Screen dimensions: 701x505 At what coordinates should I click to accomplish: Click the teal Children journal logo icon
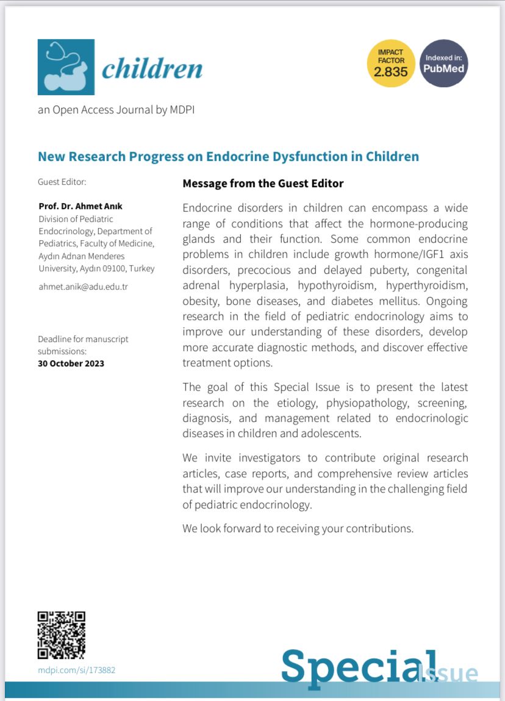[x=66, y=67]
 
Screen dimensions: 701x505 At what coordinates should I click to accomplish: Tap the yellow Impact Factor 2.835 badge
[x=391, y=63]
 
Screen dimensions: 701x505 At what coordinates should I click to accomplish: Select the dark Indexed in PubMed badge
[x=444, y=63]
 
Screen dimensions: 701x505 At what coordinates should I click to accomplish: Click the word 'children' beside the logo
[x=152, y=69]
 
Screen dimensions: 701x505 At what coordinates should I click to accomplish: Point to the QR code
[x=61, y=635]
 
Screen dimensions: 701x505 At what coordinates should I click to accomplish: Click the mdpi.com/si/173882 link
[x=76, y=670]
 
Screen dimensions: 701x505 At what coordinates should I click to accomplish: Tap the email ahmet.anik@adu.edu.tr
[x=83, y=286]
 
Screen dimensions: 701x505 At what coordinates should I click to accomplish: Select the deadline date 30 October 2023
[x=71, y=363]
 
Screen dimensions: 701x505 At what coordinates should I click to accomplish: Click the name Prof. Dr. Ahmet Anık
[x=80, y=206]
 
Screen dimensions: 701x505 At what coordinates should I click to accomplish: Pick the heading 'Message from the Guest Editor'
[x=263, y=183]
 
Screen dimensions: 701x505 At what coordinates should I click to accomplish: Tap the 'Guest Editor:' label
[x=62, y=182]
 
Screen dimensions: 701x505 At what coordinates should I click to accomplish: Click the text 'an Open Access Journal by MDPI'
[x=116, y=110]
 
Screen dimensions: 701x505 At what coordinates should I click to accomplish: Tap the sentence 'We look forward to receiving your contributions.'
[x=298, y=528]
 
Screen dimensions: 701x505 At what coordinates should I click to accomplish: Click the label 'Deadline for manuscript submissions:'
[x=83, y=345]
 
